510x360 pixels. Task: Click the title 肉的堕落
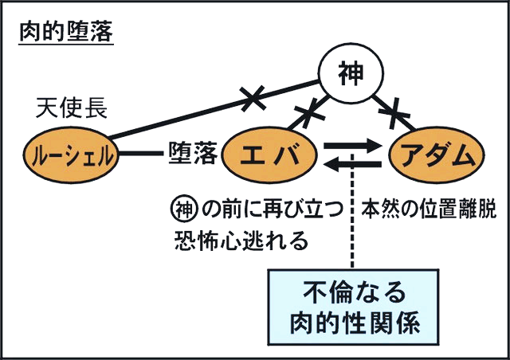coord(66,35)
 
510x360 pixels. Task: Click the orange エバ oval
coord(273,154)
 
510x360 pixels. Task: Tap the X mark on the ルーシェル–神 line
coord(253,99)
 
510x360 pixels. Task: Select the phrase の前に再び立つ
coord(272,208)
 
